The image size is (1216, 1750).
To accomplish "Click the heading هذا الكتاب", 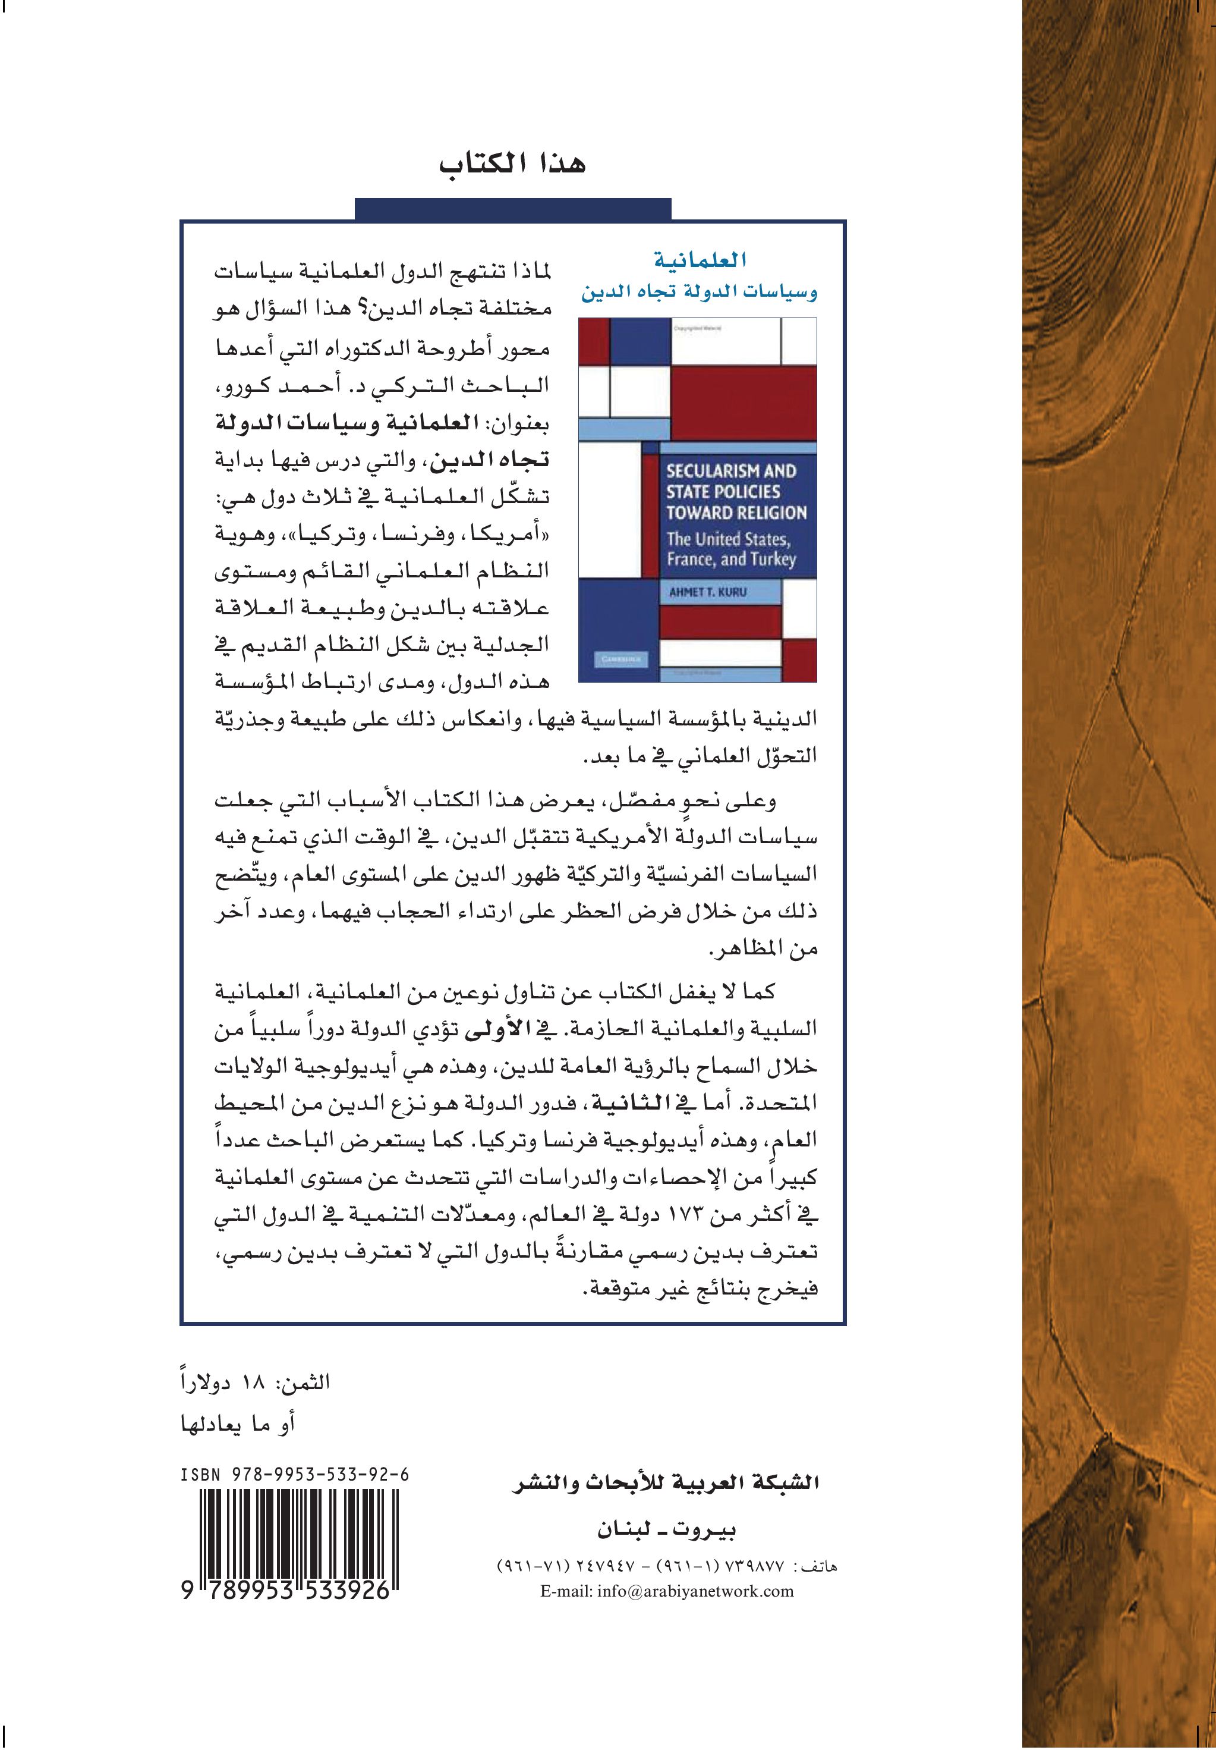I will coord(512,165).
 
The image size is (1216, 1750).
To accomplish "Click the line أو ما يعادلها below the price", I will coord(237,1424).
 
